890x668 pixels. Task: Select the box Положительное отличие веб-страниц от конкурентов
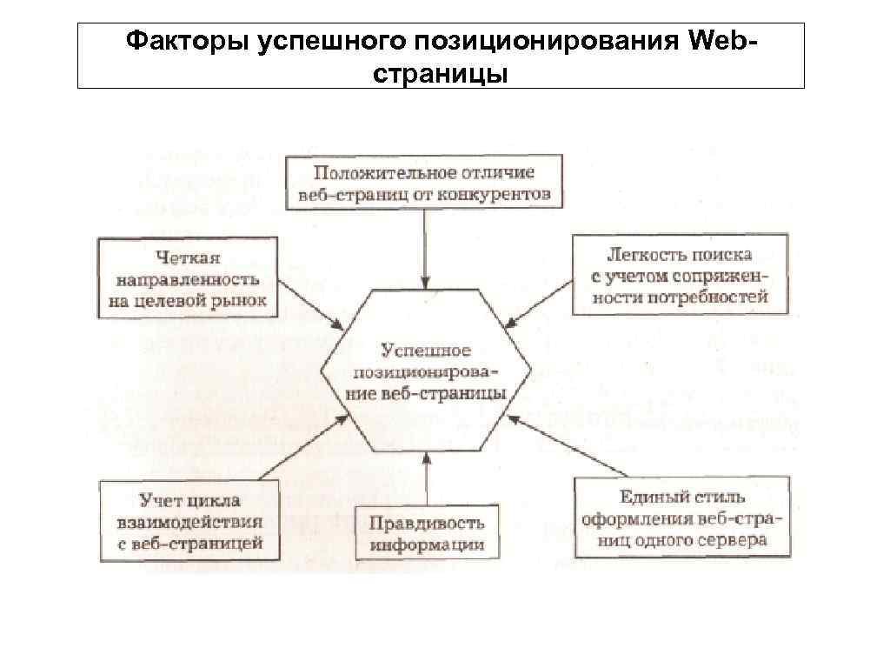click(x=425, y=184)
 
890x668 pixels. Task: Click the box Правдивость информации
click(x=427, y=533)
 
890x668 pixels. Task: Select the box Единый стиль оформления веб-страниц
click(x=681, y=518)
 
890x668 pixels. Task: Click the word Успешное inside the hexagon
click(x=426, y=351)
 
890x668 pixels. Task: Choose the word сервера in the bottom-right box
click(x=734, y=539)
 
